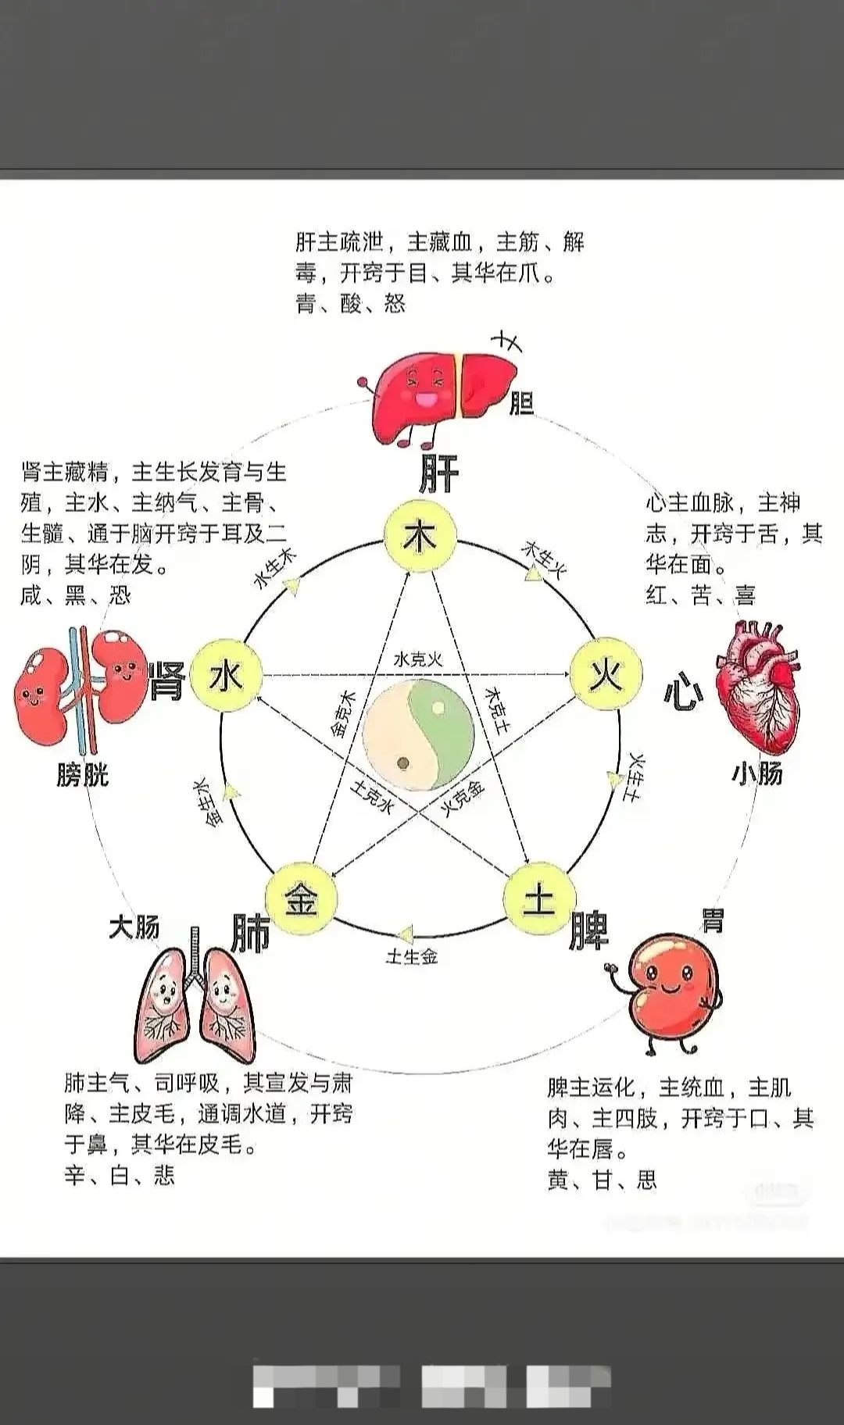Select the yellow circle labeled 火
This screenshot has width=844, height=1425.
[x=606, y=674]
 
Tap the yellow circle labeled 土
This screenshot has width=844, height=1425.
[x=538, y=899]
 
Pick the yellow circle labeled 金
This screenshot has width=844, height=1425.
[x=301, y=899]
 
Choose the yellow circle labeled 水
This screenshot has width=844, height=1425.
[x=226, y=676]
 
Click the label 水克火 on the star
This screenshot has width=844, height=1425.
[x=418, y=659]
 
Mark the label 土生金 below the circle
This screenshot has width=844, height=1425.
[x=412, y=956]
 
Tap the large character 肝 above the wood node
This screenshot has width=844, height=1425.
[x=438, y=472]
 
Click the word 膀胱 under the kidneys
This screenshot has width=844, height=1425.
[x=82, y=775]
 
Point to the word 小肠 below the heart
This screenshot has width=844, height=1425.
[x=756, y=773]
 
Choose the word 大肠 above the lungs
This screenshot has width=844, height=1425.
[x=134, y=927]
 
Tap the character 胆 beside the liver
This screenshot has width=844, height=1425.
[x=521, y=403]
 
